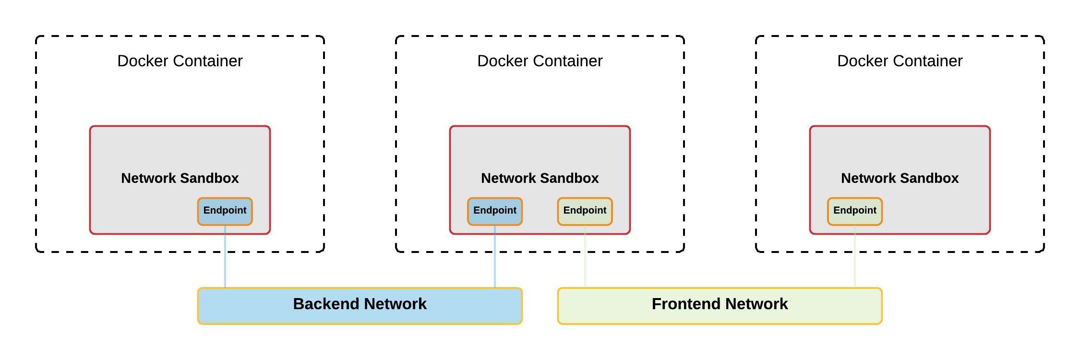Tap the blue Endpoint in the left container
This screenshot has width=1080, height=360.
pyautogui.click(x=225, y=211)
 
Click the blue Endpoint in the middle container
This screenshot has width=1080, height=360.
pyautogui.click(x=495, y=211)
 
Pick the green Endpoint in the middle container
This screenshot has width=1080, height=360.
pyautogui.click(x=585, y=211)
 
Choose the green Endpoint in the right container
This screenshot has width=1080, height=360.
pyautogui.click(x=855, y=211)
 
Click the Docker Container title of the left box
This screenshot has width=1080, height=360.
pyautogui.click(x=180, y=61)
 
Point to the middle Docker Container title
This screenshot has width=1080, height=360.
pyautogui.click(x=540, y=61)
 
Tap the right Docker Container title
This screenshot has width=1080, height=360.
pyautogui.click(x=900, y=61)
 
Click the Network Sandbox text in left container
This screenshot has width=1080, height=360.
pyautogui.click(x=180, y=178)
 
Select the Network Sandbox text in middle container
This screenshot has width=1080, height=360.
pyautogui.click(x=540, y=178)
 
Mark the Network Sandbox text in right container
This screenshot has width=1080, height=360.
pyautogui.click(x=900, y=178)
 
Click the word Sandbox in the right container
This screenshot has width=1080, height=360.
pyautogui.click(x=930, y=178)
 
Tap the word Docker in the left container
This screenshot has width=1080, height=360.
pyautogui.click(x=143, y=61)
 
